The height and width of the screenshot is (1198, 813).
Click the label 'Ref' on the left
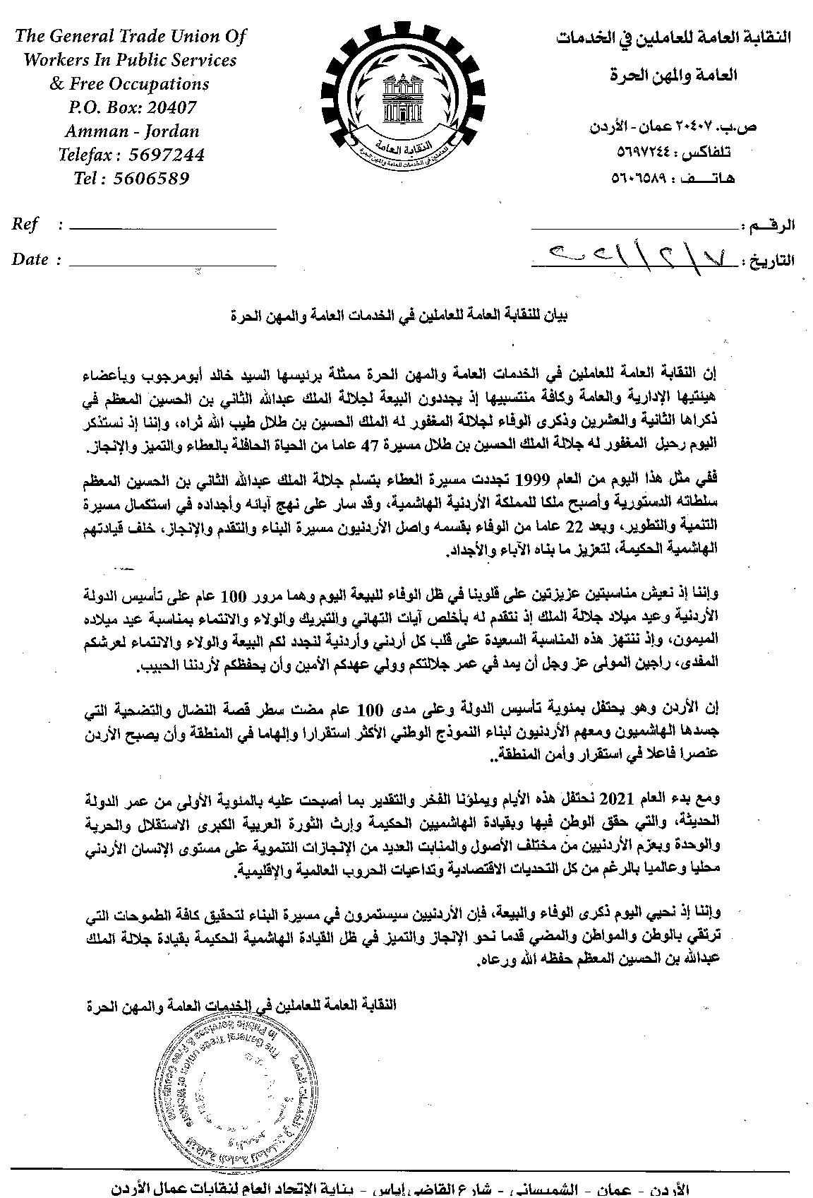[x=25, y=225]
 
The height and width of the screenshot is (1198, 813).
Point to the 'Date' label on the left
[x=30, y=259]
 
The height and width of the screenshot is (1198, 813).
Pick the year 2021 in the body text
[x=619, y=800]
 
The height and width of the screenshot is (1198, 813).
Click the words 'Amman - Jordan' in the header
[x=133, y=131]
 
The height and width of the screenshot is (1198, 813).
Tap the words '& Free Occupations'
[x=129, y=83]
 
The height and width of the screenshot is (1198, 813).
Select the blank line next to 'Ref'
[x=173, y=227]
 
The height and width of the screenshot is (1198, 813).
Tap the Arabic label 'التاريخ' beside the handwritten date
[x=771, y=261]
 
